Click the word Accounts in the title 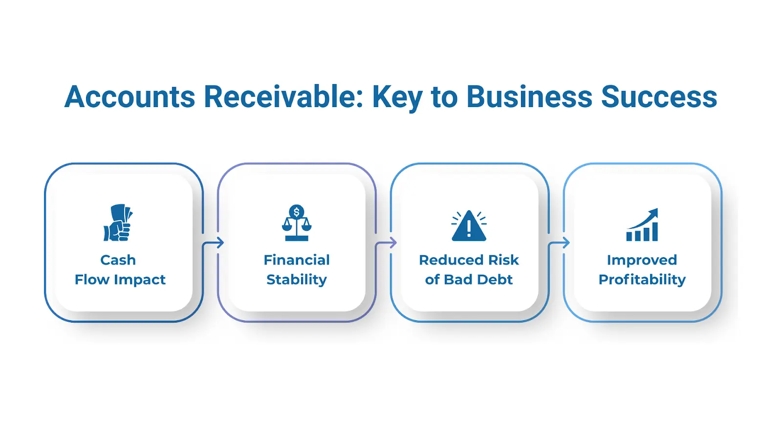click(x=130, y=97)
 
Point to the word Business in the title click(x=529, y=97)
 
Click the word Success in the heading click(x=659, y=97)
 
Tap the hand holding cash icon click(x=118, y=223)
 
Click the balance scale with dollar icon click(x=297, y=223)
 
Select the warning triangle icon click(x=469, y=225)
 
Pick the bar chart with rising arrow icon click(x=642, y=225)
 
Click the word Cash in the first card click(x=118, y=260)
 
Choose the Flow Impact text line click(x=120, y=280)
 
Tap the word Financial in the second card click(x=297, y=260)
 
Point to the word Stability click(x=297, y=280)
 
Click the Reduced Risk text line click(x=469, y=260)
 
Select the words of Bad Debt click(x=469, y=280)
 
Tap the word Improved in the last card click(x=642, y=260)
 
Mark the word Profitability click(x=642, y=280)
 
